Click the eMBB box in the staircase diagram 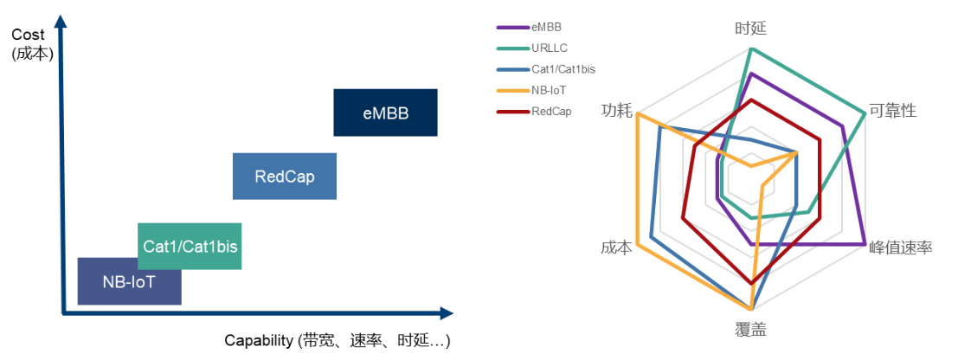pyautogui.click(x=385, y=112)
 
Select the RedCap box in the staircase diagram pyautogui.click(x=284, y=177)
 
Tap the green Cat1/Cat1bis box pyautogui.click(x=190, y=246)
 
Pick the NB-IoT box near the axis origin pyautogui.click(x=129, y=281)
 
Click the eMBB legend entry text pyautogui.click(x=547, y=27)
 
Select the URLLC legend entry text pyautogui.click(x=550, y=48)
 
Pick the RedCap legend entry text pyautogui.click(x=551, y=111)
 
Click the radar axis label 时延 pyautogui.click(x=749, y=29)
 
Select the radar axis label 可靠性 pyautogui.click(x=892, y=112)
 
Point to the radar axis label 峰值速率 pyautogui.click(x=902, y=247)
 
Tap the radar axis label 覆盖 pyautogui.click(x=750, y=331)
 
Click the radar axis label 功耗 pyautogui.click(x=616, y=112)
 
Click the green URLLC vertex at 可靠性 pyautogui.click(x=865, y=112)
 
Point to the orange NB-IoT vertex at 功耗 pyautogui.click(x=636, y=114)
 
